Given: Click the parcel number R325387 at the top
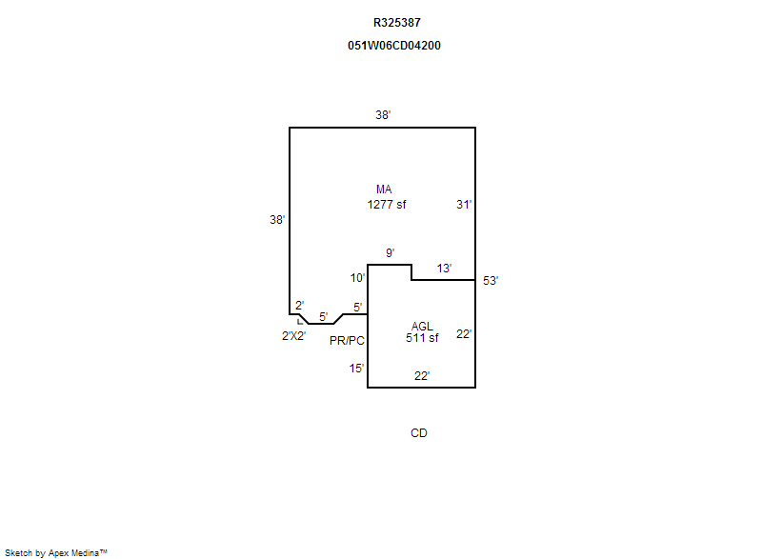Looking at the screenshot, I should point(395,22).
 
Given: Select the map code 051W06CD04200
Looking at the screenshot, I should point(395,45).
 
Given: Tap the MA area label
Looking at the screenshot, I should point(384,190).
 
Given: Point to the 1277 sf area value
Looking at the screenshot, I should point(387,204).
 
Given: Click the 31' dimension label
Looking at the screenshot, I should point(464,204).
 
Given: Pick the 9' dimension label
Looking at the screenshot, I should point(390,252).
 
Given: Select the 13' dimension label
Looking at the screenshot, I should point(444,269).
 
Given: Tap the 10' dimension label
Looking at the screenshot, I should point(357,278).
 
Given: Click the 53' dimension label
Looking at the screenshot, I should point(491,281).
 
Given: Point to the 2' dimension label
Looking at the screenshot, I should point(299,305).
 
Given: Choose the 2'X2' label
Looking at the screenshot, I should point(293,335).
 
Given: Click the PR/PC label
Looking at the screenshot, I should point(348,340).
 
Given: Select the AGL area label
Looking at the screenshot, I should point(422,327).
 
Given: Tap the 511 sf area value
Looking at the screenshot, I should point(422,338).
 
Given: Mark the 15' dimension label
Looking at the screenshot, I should point(356,368).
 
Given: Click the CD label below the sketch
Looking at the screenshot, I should point(419,433).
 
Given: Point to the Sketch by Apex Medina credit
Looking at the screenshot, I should point(56,551).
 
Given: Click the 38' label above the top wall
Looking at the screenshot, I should point(383,114).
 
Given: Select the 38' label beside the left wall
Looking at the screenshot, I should point(277,219).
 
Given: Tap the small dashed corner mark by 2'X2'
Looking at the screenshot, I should point(300,322).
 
